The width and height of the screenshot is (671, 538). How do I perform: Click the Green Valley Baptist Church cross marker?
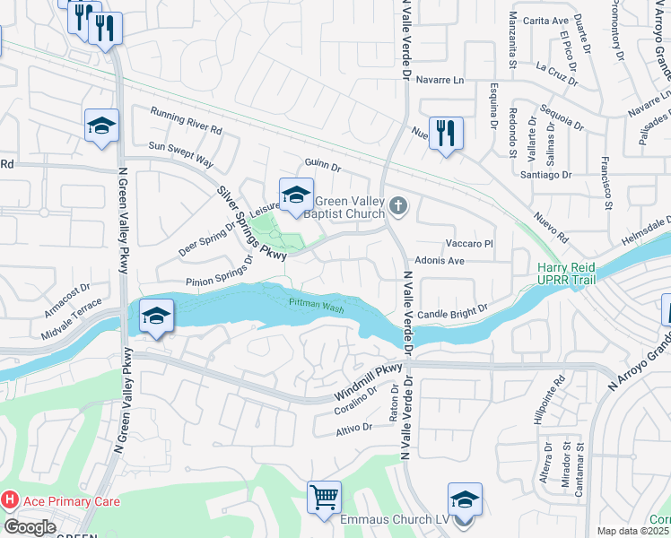pyautogui.click(x=399, y=208)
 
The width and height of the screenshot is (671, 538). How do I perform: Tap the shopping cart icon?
pyautogui.click(x=324, y=498)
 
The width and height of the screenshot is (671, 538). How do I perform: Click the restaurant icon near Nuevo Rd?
pyautogui.click(x=446, y=134)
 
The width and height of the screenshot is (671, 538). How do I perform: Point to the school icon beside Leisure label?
pyautogui.click(x=296, y=195)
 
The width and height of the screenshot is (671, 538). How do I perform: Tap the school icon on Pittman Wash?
pyautogui.click(x=157, y=316)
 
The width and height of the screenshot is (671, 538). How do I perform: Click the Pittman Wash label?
pyautogui.click(x=316, y=305)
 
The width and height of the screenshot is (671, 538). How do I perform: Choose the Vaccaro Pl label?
pyautogui.click(x=470, y=243)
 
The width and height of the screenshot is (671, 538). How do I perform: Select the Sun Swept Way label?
pyautogui.click(x=180, y=154)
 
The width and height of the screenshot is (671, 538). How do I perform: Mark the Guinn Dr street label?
pyautogui.click(x=324, y=166)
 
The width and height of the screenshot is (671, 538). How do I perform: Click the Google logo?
pyautogui.click(x=30, y=527)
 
